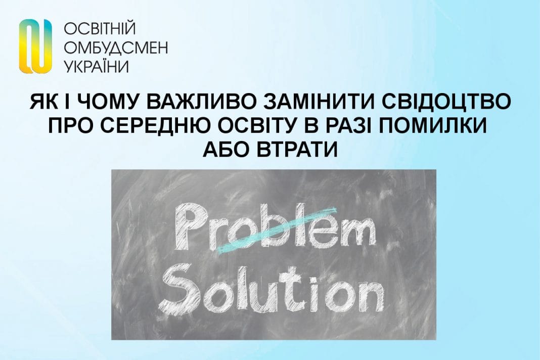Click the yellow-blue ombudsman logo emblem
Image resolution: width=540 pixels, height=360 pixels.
click(35, 46)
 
